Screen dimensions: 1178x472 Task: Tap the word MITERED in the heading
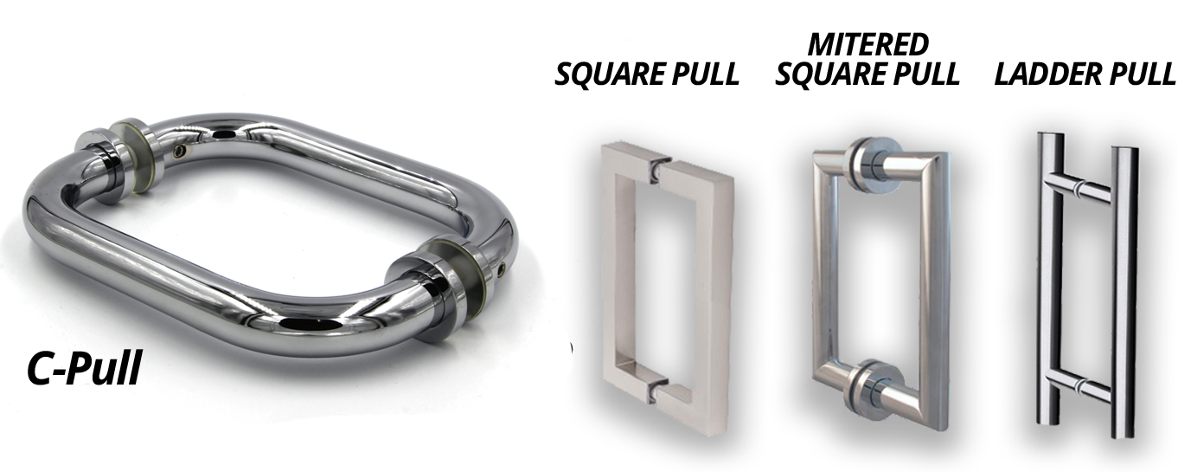coord(867,44)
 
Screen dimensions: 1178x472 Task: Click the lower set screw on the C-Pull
coord(502,270)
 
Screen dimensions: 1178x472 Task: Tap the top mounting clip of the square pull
coord(656,167)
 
